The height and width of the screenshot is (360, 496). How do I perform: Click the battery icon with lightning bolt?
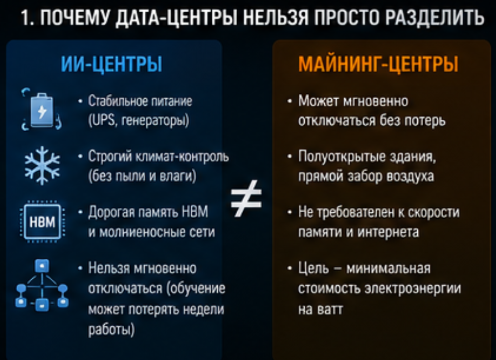[x=42, y=110]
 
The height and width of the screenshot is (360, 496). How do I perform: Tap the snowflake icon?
[x=42, y=165]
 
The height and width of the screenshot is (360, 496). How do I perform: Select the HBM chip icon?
[x=43, y=222]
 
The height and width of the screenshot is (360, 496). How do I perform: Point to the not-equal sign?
[x=246, y=199]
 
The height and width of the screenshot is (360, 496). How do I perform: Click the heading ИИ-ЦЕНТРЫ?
[x=112, y=64]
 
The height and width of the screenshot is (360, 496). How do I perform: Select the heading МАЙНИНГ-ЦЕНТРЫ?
[x=378, y=64]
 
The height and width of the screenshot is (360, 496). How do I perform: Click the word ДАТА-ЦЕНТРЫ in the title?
[x=177, y=17]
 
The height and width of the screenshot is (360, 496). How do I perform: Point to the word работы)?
[x=112, y=330]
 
